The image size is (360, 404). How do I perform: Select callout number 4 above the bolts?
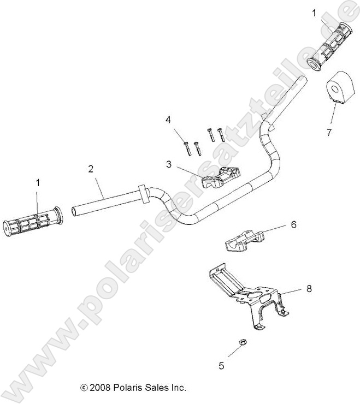(169, 120)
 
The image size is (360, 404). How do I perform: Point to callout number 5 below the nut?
(221, 366)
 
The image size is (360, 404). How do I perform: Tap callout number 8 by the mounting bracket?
(309, 289)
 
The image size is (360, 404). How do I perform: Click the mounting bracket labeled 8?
(246, 295)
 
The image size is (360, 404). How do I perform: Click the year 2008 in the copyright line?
(100, 388)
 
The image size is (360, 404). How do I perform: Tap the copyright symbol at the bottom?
(84, 388)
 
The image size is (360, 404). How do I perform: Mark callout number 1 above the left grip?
(38, 184)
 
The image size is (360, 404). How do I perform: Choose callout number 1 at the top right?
(314, 12)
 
